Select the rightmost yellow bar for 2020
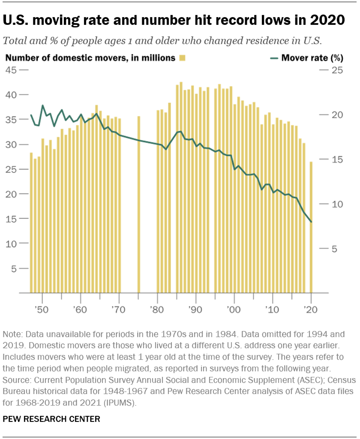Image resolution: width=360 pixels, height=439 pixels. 311,227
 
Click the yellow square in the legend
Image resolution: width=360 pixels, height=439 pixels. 182,58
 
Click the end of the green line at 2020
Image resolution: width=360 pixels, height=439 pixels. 311,222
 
